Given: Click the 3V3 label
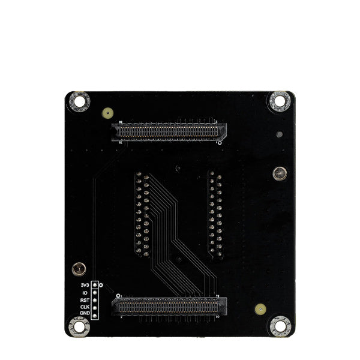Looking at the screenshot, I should (x=83, y=284).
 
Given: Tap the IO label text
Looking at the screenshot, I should (x=85, y=292).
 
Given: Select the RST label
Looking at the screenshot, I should (x=84, y=299).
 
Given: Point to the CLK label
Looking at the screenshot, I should (x=84, y=306).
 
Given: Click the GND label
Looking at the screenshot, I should (x=84, y=313).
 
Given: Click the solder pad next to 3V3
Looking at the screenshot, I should (x=95, y=284).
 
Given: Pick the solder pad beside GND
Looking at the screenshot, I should (x=95, y=313).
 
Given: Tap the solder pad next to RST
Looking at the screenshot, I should (x=95, y=299).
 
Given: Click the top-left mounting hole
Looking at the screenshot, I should (x=79, y=101).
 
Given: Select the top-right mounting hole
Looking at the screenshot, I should (x=279, y=101).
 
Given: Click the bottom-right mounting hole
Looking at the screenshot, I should (x=278, y=326).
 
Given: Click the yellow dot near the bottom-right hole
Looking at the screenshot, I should (x=259, y=309).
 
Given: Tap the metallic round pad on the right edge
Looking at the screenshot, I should (x=279, y=174).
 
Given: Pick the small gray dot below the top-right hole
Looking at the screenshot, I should (x=278, y=135).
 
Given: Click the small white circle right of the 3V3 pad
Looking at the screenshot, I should (x=101, y=284).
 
